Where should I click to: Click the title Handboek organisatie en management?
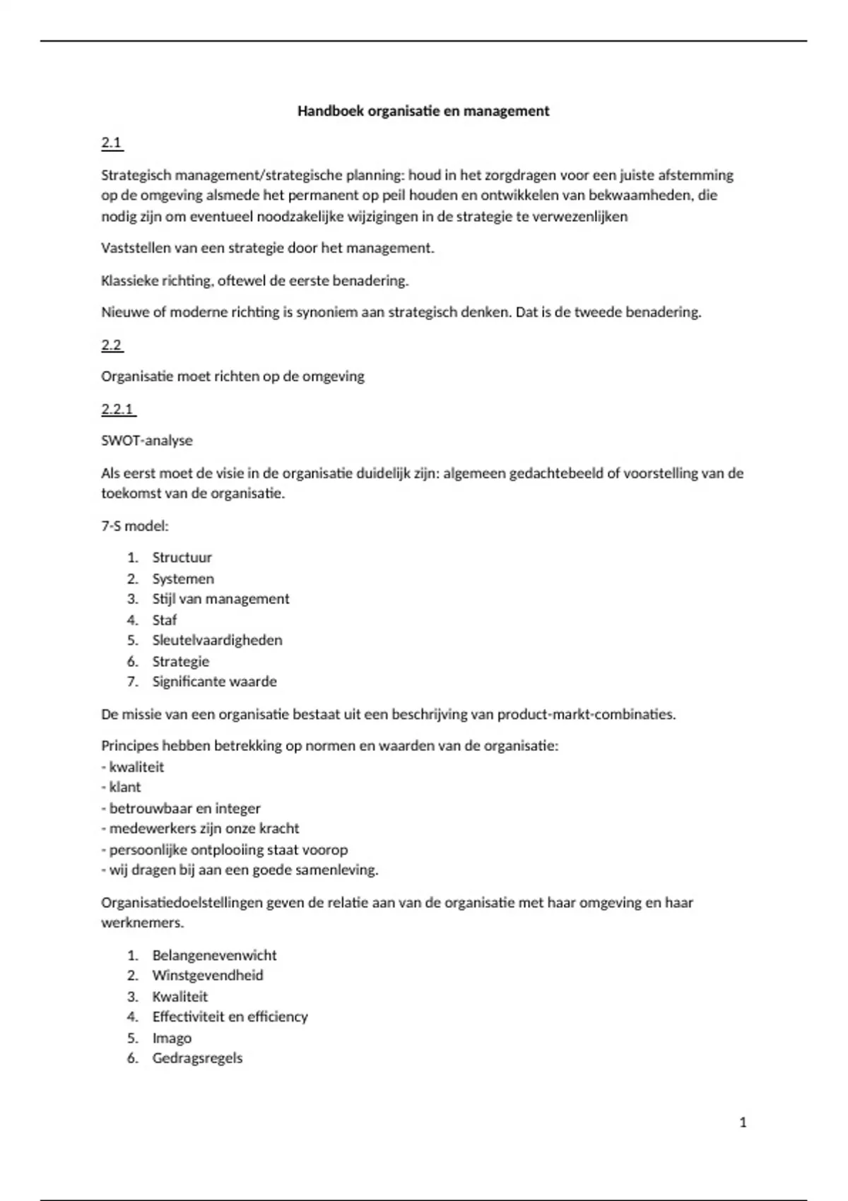tap(423, 111)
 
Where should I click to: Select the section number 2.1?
tap(112, 143)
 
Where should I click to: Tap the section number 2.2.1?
tap(118, 409)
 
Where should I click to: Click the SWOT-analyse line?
tap(147, 441)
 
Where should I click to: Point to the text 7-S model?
tap(135, 526)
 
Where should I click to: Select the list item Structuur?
tap(182, 557)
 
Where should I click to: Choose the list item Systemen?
tap(183, 579)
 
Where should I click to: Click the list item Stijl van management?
tap(220, 599)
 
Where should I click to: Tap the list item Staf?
tap(164, 620)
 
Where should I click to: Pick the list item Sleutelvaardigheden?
tap(217, 640)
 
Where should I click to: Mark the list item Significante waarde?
tap(214, 682)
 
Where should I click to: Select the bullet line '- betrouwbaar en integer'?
tap(181, 808)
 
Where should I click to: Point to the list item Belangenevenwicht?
tap(214, 955)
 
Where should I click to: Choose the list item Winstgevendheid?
tap(208, 976)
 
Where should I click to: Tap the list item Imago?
tap(172, 1038)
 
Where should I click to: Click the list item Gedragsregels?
tap(197, 1058)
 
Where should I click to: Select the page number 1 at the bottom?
tap(743, 1123)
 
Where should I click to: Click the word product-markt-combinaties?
tap(586, 714)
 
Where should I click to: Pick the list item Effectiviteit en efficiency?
tap(230, 1017)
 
